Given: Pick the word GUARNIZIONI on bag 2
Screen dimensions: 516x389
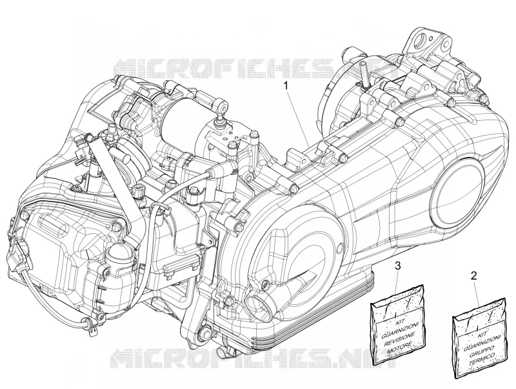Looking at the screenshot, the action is tap(482, 342).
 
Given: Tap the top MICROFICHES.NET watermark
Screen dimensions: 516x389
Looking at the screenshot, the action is tap(250, 70).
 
